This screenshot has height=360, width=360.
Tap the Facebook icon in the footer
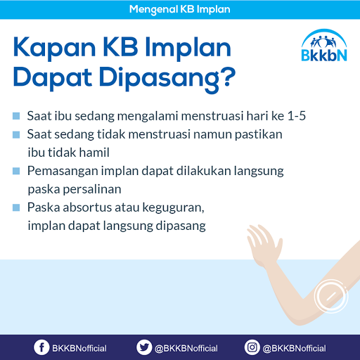(42, 347)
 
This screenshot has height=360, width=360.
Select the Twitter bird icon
(145, 347)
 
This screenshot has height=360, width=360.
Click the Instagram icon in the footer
(252, 347)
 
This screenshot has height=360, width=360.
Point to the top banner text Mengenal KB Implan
(180, 10)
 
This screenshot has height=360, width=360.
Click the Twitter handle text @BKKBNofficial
(187, 348)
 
